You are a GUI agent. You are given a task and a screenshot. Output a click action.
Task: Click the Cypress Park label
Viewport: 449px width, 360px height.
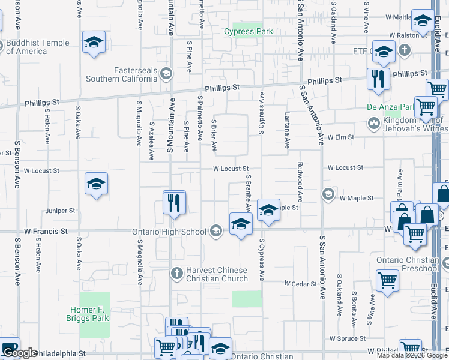[249, 32]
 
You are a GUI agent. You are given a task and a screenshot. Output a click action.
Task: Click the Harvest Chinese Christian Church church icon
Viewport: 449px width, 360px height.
[176, 274]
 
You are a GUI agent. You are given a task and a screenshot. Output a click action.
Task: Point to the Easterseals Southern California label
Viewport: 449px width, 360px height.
[121, 74]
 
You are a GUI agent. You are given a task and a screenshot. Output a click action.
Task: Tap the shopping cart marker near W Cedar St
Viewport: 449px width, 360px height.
[388, 280]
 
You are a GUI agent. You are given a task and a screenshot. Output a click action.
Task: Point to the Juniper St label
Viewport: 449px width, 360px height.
[59, 211]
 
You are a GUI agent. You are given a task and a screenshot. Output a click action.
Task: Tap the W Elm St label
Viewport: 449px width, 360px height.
[340, 137]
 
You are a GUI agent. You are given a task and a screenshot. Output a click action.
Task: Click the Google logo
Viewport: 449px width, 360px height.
[20, 353]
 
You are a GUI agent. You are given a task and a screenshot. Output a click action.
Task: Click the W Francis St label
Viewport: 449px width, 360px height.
[42, 230]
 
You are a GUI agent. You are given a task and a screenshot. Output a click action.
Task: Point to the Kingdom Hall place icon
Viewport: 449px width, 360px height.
[372, 123]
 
